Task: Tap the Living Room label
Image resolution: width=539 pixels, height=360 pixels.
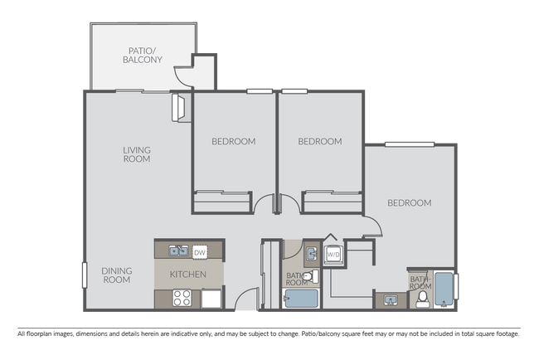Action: click(x=137, y=154)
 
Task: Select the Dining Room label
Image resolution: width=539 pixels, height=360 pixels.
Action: click(x=117, y=275)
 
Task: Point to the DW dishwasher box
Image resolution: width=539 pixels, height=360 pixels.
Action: click(x=199, y=251)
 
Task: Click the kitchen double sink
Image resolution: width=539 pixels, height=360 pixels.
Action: click(x=176, y=251)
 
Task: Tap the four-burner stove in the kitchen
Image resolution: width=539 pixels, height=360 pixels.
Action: click(x=181, y=298)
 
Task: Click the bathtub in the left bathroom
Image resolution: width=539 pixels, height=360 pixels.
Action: click(x=299, y=299)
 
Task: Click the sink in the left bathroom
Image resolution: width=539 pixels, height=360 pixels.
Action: click(x=309, y=252)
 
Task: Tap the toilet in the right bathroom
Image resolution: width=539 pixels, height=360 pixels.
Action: click(x=422, y=297)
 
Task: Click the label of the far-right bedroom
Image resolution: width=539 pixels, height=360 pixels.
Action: click(x=410, y=202)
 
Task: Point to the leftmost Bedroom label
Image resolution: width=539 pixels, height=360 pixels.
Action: click(x=233, y=141)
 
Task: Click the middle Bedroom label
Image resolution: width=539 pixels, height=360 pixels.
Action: click(x=319, y=141)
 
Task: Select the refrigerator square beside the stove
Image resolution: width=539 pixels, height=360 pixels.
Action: click(x=211, y=298)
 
